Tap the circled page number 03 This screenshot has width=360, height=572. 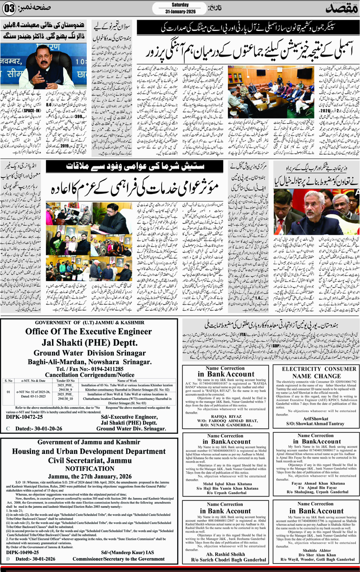[x=9, y=7]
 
